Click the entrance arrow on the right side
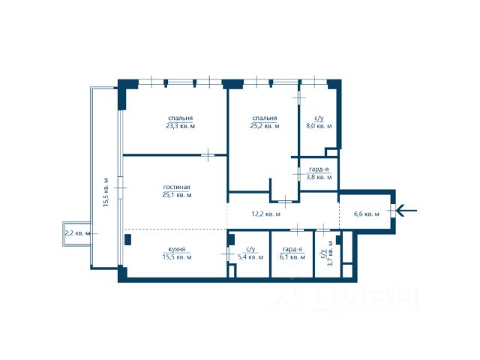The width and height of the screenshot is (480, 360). [x=406, y=211]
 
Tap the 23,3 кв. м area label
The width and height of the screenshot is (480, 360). [x=180, y=126]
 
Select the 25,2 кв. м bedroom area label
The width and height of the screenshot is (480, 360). [x=265, y=126]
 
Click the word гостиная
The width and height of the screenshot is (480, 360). [x=177, y=187]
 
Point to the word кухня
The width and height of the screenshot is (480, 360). [x=177, y=250]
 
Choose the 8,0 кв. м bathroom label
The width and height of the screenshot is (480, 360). [x=319, y=126]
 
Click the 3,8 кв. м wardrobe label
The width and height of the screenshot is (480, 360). [x=319, y=177]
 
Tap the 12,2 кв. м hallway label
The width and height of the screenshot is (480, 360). [x=265, y=214]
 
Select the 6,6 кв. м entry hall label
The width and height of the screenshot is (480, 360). [x=367, y=214]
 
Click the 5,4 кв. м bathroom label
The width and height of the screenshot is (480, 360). [x=250, y=257]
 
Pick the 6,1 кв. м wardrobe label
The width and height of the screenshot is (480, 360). [x=292, y=257]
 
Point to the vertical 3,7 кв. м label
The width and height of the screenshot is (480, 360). [x=330, y=253]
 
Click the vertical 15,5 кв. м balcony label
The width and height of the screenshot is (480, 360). [x=106, y=192]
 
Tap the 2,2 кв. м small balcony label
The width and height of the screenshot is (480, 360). [x=78, y=233]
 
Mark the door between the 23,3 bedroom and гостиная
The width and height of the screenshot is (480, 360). [x=208, y=155]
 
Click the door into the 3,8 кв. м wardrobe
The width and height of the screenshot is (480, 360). [x=298, y=174]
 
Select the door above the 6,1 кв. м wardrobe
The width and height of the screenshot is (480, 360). [x=297, y=229]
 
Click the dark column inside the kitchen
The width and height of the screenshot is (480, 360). [x=127, y=240]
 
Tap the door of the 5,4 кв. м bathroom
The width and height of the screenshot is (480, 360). [x=228, y=253]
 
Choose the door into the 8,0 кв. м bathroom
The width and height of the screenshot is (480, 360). [x=299, y=98]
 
